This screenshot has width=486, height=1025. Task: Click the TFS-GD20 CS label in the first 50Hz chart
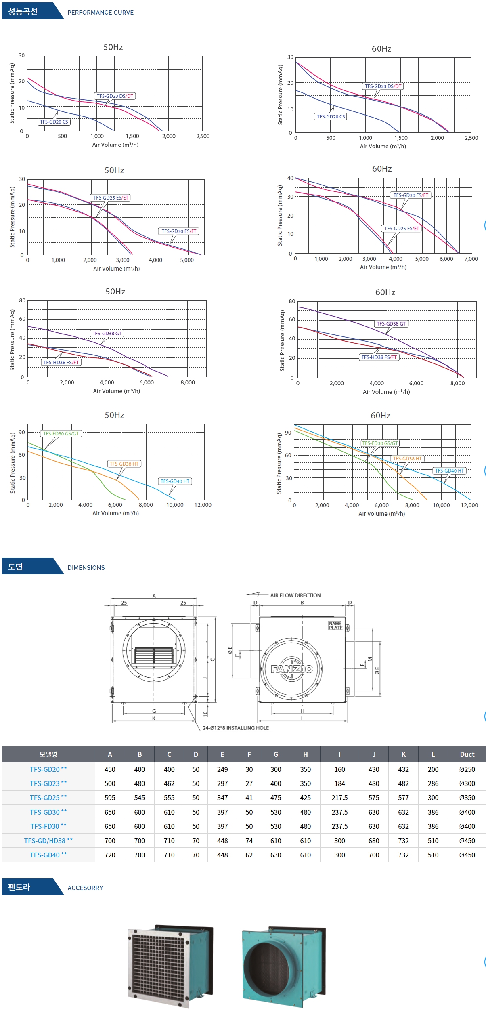[54, 122]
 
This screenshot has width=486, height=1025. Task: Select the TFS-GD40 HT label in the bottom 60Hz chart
[449, 470]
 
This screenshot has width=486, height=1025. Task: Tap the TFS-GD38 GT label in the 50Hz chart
[107, 333]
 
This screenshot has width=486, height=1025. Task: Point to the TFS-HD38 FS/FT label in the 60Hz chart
[379, 357]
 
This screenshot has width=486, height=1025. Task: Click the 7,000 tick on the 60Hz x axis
[471, 259]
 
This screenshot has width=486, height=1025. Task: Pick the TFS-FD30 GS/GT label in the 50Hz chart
[61, 433]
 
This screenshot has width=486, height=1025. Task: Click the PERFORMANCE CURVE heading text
[101, 13]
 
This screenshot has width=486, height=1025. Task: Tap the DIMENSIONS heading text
[86, 567]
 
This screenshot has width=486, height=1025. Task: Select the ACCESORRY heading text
[85, 888]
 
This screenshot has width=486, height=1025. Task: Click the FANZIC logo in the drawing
[291, 669]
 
